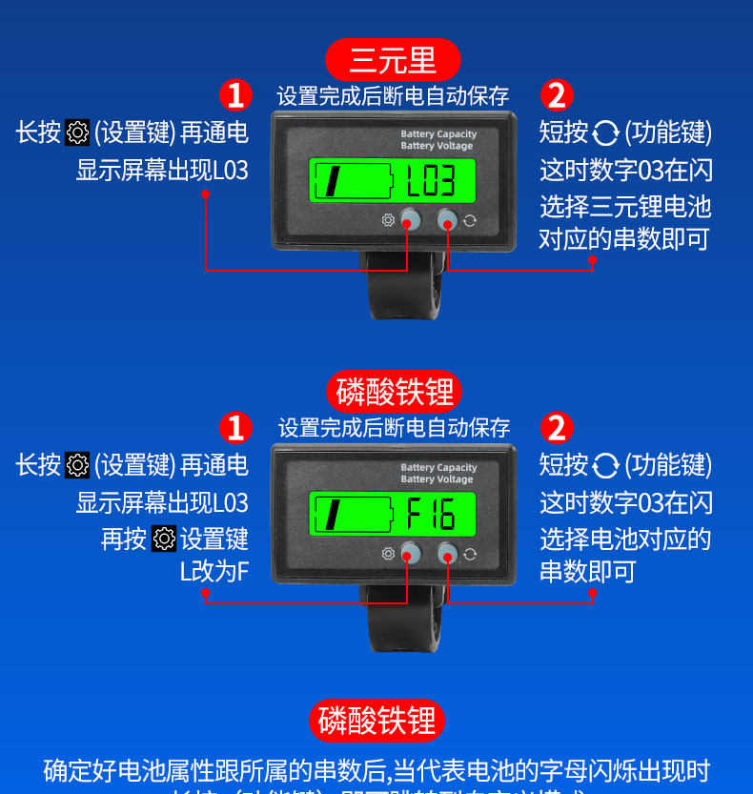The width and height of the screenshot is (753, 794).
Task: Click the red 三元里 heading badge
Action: pyautogui.click(x=393, y=60)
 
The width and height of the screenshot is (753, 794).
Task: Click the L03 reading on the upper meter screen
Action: pyautogui.click(x=424, y=179)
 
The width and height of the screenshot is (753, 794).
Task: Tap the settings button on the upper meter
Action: pyautogui.click(x=410, y=219)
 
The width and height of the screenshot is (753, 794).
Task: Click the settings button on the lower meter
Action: pyautogui.click(x=411, y=553)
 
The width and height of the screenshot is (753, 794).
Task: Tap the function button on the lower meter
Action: pyautogui.click(x=447, y=553)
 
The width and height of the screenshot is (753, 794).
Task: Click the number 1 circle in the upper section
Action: pyautogui.click(x=235, y=95)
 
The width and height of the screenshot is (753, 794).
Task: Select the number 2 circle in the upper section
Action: pyautogui.click(x=557, y=95)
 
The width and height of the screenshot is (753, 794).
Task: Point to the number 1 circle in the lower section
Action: pyautogui.click(x=235, y=427)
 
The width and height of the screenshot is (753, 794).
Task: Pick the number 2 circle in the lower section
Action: pyautogui.click(x=557, y=427)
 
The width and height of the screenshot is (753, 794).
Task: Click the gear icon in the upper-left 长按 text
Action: pyautogui.click(x=77, y=132)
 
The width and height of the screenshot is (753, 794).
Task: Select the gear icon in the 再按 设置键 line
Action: pyautogui.click(x=164, y=539)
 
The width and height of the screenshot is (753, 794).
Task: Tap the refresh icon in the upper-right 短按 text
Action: pyautogui.click(x=605, y=132)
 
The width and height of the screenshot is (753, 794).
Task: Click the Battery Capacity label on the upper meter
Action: pyautogui.click(x=438, y=134)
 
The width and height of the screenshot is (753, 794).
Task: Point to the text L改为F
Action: pyautogui.click(x=214, y=572)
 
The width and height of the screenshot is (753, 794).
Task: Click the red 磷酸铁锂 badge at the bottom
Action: pyautogui.click(x=376, y=721)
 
